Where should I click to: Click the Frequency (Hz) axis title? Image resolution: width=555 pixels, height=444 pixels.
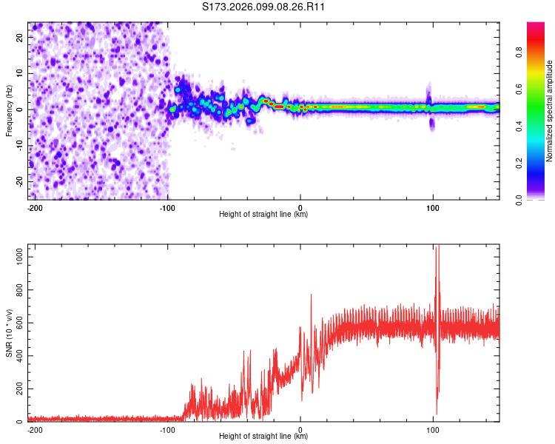[9, 110]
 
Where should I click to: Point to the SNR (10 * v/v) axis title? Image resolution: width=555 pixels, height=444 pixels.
[9, 334]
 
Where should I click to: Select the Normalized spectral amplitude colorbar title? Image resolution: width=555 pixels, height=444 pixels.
[550, 112]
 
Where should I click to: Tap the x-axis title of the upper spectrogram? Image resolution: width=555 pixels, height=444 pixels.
[263, 214]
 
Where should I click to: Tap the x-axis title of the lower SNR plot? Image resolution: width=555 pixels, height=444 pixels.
[263, 436]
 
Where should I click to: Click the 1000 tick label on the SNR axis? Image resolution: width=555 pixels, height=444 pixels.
[16, 255]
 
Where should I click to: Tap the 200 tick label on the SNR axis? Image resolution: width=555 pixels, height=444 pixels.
[18, 388]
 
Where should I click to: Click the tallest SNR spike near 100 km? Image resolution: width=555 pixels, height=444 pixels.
[437, 249]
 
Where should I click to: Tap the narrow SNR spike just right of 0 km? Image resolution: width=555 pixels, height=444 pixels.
[311, 295]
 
